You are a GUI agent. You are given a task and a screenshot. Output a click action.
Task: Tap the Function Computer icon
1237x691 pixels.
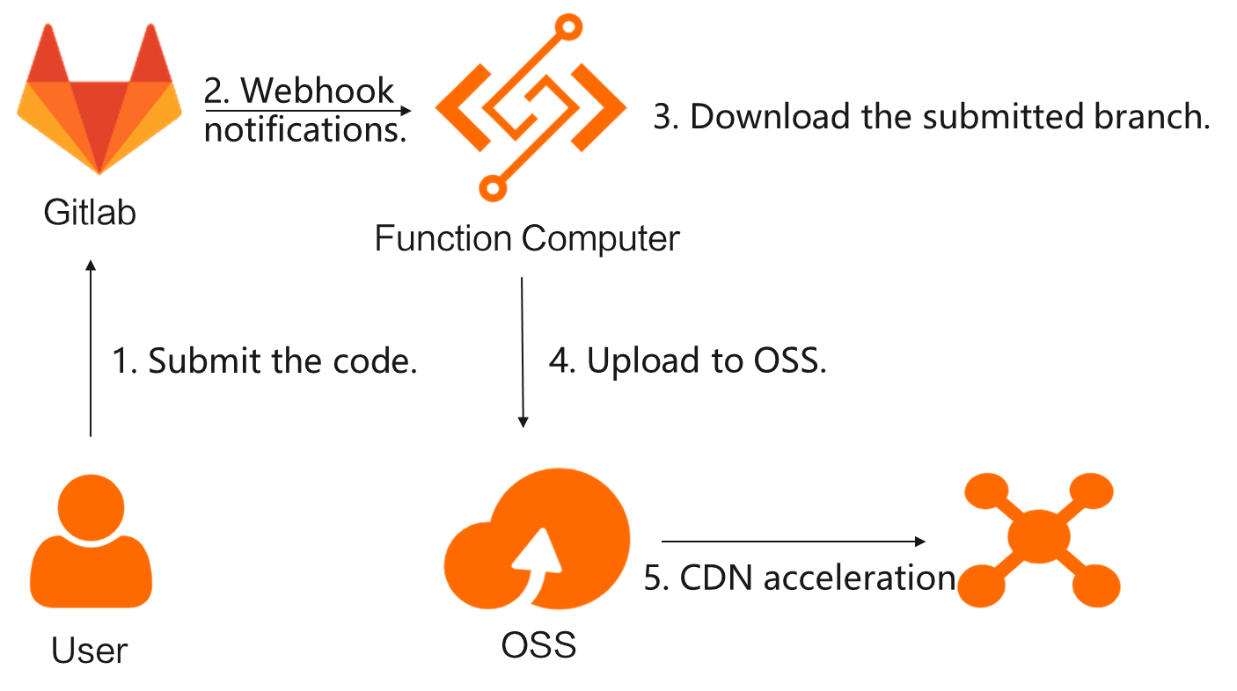(x=531, y=105)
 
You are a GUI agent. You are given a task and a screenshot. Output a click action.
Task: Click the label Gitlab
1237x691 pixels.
(x=91, y=213)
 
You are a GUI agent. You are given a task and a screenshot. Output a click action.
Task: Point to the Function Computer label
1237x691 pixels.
(x=527, y=238)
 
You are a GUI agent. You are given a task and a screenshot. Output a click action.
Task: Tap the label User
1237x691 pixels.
(x=90, y=651)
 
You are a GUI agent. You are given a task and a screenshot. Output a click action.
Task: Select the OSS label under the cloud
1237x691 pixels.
(x=538, y=645)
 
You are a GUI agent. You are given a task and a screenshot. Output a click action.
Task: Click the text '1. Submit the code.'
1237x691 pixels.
(x=265, y=361)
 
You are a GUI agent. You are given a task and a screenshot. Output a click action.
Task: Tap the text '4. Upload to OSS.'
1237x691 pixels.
(x=688, y=361)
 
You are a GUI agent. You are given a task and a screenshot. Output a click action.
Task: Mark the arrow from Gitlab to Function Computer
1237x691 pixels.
(x=308, y=111)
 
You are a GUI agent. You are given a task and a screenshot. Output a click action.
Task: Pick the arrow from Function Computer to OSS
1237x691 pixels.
(x=523, y=352)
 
